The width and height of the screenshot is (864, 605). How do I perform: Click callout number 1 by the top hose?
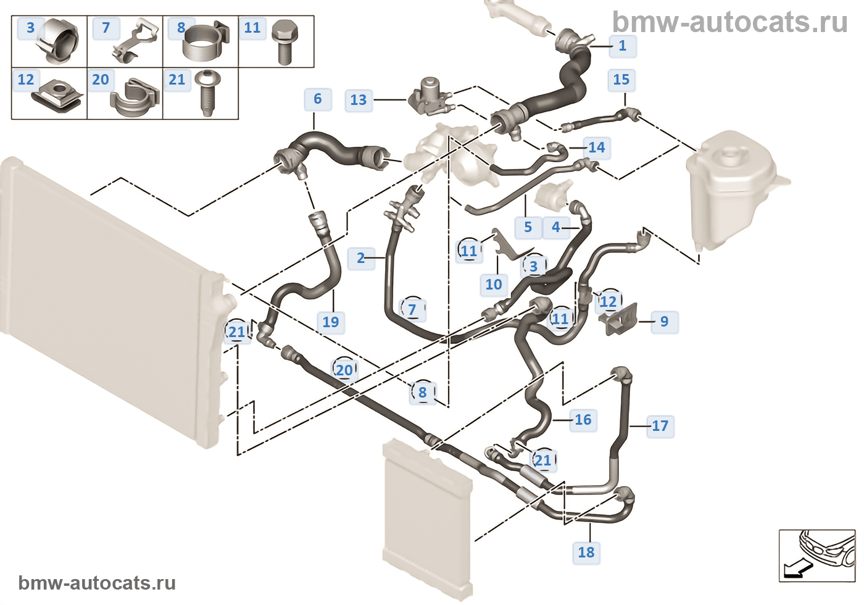coord(622,46)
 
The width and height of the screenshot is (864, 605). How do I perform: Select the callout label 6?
coord(317,99)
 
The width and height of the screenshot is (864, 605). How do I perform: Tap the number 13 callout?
coord(358,100)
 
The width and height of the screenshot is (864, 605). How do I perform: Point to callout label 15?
coord(621,80)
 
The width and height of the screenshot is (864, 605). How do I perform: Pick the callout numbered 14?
coord(596,148)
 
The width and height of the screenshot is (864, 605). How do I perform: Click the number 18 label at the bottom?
coord(586,552)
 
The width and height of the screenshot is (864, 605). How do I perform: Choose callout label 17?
coord(660,426)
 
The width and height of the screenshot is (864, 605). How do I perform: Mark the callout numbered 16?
coord(583,420)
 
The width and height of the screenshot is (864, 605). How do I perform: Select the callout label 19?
coord(331,322)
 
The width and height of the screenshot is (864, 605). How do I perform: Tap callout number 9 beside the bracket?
coord(664,321)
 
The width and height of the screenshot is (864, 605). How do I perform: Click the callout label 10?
coord(493,285)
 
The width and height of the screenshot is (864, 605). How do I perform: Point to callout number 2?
coord(360,258)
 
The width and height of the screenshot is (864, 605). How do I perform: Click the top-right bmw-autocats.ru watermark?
coord(729,23)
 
